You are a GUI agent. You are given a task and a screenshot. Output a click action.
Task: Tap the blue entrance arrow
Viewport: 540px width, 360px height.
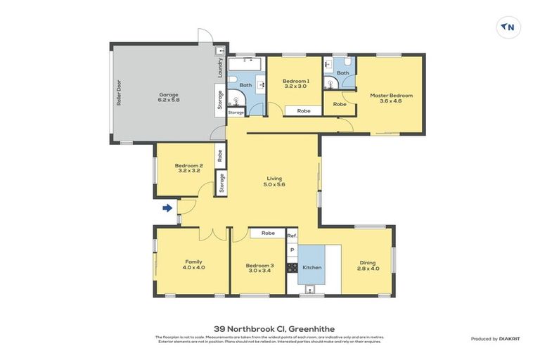pos(167,207)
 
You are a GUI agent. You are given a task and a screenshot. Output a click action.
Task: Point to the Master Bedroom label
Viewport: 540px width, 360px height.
pos(391,98)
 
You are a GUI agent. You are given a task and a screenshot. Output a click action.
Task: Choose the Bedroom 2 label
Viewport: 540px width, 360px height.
pos(188,169)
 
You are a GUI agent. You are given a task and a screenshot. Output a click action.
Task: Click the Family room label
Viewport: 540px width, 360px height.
pos(193,264)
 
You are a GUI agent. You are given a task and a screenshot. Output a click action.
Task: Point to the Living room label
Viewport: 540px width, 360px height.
pos(275,181)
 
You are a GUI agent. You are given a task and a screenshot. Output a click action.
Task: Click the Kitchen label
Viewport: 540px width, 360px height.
pos(311,267)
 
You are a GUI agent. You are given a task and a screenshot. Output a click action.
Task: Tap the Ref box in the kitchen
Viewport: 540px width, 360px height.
pos(292,236)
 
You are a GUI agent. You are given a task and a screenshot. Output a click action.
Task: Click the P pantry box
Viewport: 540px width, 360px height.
pos(292,250)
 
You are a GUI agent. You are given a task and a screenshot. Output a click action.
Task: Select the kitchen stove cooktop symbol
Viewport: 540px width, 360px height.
pos(291,268)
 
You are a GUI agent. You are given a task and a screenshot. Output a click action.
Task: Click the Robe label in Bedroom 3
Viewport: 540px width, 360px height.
pos(267,233)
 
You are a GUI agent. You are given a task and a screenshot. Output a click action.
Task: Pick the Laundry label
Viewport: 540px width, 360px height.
pos(219,67)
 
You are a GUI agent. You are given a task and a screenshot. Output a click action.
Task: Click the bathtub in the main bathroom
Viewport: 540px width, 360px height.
pos(245,66)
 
